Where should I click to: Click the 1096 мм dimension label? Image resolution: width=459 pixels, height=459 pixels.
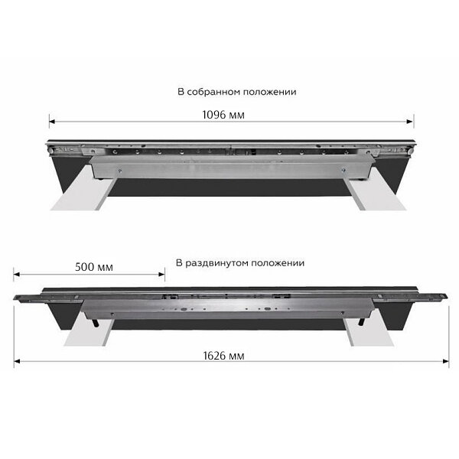(223, 115)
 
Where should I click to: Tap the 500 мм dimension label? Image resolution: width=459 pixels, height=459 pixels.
(94, 267)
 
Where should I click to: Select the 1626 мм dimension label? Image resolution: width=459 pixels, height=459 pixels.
(223, 356)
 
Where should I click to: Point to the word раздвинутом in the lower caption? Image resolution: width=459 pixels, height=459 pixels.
(217, 263)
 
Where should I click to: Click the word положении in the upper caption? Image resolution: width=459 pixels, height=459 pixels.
(270, 92)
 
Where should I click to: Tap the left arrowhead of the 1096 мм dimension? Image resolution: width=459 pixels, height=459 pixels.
(52, 122)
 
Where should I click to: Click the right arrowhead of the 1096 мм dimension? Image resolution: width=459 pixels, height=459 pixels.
(410, 122)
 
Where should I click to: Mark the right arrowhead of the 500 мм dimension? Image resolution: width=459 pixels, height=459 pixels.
(161, 275)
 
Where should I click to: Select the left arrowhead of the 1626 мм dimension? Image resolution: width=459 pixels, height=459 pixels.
(17, 361)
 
